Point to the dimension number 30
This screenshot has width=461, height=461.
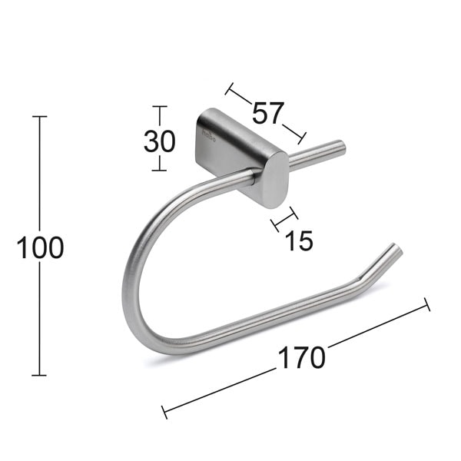pos(159,141)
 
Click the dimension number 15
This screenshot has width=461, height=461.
pos(299,241)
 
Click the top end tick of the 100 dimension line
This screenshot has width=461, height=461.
pos(39,117)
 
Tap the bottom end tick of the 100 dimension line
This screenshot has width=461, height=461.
pos(39,375)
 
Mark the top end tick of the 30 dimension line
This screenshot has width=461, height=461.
pos(159,107)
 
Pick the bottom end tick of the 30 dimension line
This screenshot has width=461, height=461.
pos(159,171)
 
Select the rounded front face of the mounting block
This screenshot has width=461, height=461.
pos(273,179)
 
